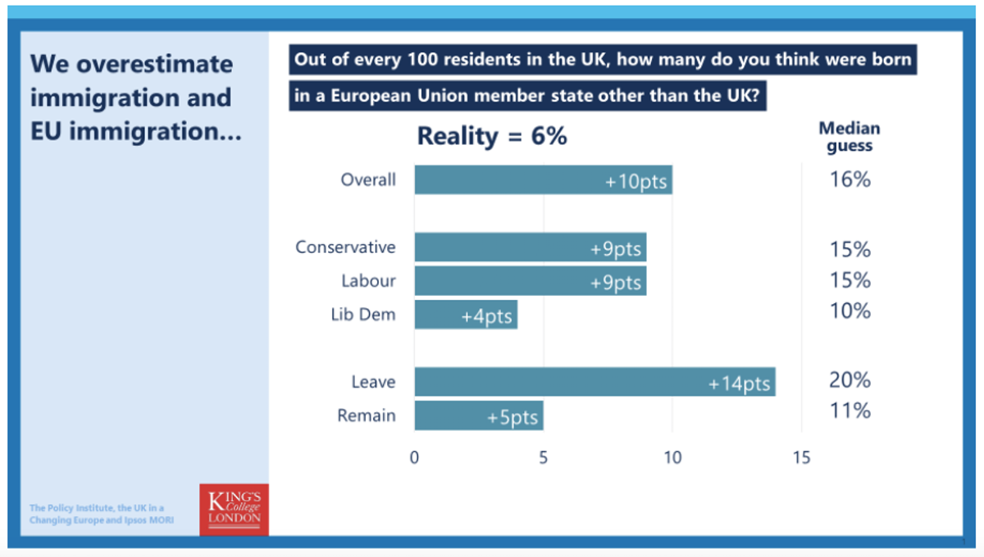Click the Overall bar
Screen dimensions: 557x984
point(543,180)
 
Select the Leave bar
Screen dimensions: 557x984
point(594,383)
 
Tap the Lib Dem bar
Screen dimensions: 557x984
point(466,315)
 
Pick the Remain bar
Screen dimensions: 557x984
point(479,416)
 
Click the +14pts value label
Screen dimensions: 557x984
point(740,383)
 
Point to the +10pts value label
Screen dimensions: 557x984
point(637,181)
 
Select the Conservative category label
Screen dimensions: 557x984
point(345,247)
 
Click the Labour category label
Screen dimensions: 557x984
point(368,281)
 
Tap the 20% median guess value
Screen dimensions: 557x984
point(849,380)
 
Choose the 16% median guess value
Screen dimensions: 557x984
point(849,179)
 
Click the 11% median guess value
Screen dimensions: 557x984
point(849,410)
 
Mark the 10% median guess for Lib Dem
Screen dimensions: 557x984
point(849,311)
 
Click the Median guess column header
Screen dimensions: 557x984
point(849,137)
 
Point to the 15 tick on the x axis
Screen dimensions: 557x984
point(801,458)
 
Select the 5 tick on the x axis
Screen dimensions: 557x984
point(543,458)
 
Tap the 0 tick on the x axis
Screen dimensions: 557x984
point(414,458)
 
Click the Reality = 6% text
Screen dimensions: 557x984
point(492,136)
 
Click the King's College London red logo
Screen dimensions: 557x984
point(234,509)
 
